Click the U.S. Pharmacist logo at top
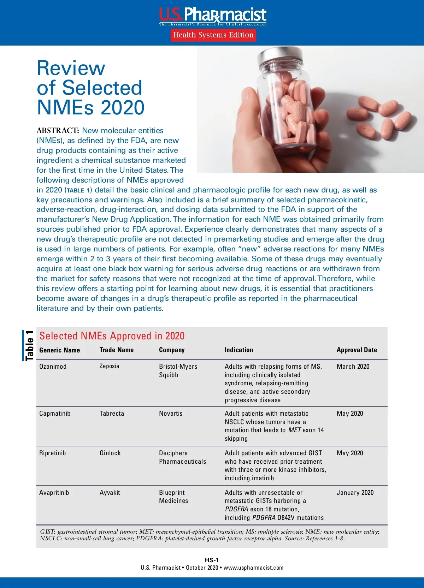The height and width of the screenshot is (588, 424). click(213, 16)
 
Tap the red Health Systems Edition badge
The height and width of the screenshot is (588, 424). click(213, 35)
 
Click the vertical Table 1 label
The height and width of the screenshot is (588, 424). click(29, 345)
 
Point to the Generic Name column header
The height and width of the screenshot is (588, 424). click(60, 350)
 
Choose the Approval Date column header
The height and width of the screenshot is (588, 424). click(357, 350)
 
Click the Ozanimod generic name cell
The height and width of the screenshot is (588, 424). click(53, 367)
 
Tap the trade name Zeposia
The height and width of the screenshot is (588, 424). click(109, 366)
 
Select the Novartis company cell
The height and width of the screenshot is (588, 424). click(171, 414)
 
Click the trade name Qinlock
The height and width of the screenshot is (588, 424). click(110, 453)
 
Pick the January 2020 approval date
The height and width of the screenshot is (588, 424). click(355, 493)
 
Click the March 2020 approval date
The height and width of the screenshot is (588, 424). click(353, 367)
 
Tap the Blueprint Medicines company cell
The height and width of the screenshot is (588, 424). click(173, 497)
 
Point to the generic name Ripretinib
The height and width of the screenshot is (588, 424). click(53, 453)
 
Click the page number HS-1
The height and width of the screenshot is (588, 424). click(212, 560)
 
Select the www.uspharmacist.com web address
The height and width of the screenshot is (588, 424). click(253, 568)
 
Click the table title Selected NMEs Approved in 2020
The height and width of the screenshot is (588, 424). click(112, 336)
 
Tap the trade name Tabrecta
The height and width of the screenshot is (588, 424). click(112, 414)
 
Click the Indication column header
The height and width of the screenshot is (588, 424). click(239, 350)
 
